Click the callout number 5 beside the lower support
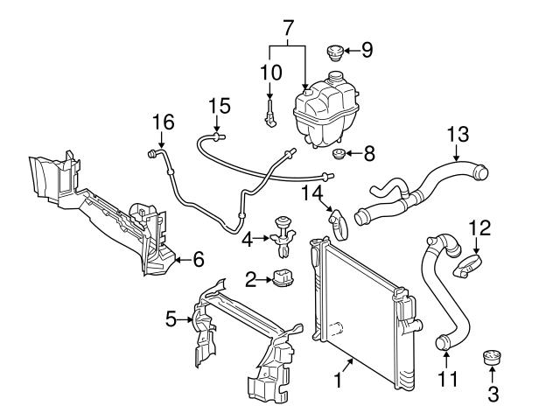171,320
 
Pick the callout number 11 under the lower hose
446,379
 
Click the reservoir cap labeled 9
334,54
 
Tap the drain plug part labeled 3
492,359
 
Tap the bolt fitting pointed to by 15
217,136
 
